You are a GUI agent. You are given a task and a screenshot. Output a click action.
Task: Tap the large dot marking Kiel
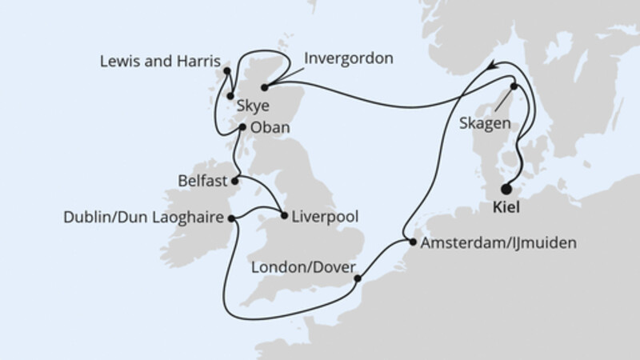tap(506, 190)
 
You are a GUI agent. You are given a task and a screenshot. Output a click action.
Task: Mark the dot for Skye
tap(230, 97)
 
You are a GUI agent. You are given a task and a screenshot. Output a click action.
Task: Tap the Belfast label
tap(203, 180)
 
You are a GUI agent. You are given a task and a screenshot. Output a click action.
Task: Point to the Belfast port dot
tap(235, 181)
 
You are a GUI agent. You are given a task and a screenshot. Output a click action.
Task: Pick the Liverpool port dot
tap(283, 216)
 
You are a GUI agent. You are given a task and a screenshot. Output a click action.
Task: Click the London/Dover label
tap(302, 268)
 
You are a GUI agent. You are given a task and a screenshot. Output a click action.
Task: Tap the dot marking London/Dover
tap(357, 279)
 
